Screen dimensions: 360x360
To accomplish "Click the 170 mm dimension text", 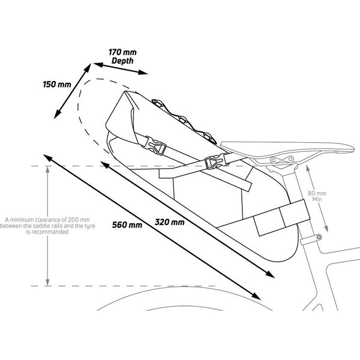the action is point(122,52).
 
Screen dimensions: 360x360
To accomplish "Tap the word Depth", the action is point(122,61).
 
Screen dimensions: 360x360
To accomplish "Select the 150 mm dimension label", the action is point(57,84).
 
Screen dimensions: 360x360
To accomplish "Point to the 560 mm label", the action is point(127,224).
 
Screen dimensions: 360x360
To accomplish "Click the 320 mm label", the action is point(169,222).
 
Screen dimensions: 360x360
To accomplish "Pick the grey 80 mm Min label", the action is point(317,196).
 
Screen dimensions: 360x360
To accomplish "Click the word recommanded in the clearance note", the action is point(47,232).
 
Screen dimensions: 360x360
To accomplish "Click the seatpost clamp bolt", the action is point(319,237).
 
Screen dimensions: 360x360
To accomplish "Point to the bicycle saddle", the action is point(287,148).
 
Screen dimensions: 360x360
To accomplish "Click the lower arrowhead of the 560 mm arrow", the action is point(256,296).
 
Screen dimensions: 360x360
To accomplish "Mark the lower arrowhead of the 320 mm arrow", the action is point(270,274).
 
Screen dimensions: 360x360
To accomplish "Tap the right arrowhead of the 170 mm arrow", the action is point(143,73).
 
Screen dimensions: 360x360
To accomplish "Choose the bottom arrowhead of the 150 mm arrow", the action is point(57,114).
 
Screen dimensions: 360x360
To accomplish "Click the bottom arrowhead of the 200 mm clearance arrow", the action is point(47,282).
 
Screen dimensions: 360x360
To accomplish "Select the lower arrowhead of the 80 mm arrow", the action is point(326,228).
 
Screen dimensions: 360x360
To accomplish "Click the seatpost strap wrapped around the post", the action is point(283,217).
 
